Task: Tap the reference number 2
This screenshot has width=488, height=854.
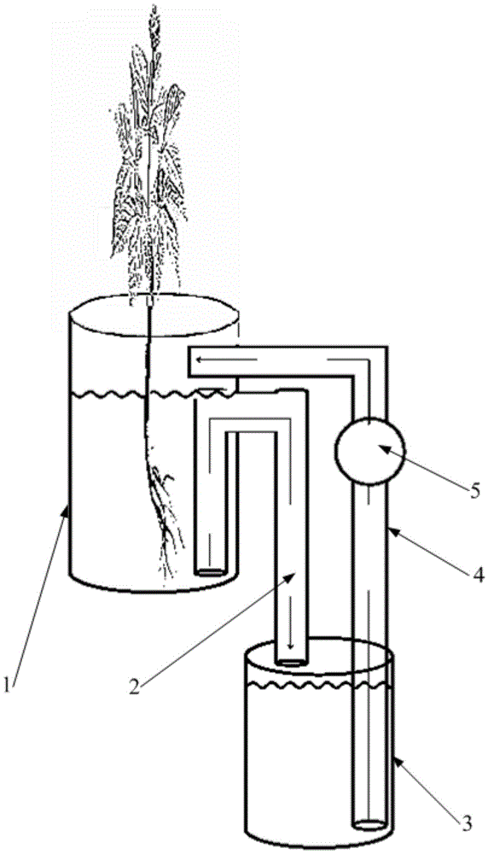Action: [135, 685]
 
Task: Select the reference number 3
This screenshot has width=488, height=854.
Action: [468, 823]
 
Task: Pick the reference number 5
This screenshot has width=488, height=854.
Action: [475, 491]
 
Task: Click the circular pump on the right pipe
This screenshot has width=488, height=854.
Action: [370, 451]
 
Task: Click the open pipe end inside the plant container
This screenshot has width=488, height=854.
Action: [210, 572]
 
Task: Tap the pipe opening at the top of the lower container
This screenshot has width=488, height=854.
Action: [291, 663]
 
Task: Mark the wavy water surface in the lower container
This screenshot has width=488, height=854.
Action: [319, 684]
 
